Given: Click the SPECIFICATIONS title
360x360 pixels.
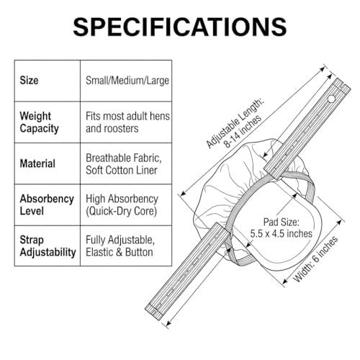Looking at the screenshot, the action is [x=180, y=27].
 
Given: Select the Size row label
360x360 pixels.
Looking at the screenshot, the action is [x=29, y=80].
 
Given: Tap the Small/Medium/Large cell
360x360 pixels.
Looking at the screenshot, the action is [x=127, y=81].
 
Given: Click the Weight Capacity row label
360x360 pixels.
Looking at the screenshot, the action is [x=39, y=122].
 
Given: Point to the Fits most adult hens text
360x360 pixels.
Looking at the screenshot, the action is [x=127, y=116].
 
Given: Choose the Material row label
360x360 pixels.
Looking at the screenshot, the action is [x=37, y=163].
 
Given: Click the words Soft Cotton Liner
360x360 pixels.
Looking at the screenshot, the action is [x=122, y=170].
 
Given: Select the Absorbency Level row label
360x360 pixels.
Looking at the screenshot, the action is [x=47, y=204].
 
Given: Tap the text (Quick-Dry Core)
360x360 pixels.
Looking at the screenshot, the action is [x=121, y=211].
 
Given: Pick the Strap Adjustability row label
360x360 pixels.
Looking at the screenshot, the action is [x=48, y=246].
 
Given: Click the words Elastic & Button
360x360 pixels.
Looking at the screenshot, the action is [x=120, y=252].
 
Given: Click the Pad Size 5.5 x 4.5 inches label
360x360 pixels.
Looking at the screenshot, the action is [x=281, y=228].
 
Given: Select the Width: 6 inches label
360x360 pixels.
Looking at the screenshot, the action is [x=315, y=259].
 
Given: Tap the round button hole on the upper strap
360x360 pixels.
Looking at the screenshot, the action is [x=331, y=99].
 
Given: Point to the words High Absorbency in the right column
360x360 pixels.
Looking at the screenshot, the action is [x=122, y=199].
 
